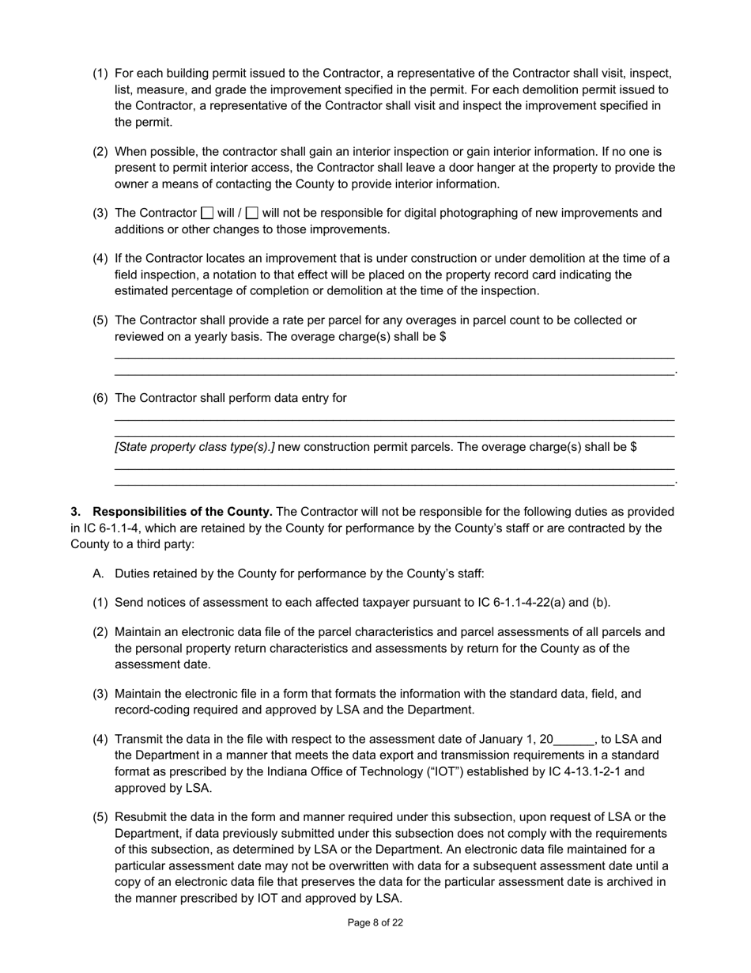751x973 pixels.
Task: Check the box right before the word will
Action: click(x=207, y=213)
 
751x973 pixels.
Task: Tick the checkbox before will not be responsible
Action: click(x=252, y=213)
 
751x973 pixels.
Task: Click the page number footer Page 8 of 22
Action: click(x=375, y=922)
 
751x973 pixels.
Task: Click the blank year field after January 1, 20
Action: click(x=573, y=740)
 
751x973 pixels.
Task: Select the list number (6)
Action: click(x=100, y=398)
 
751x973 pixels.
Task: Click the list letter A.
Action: click(x=98, y=574)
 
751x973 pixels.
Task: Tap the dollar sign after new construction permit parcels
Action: click(x=633, y=447)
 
